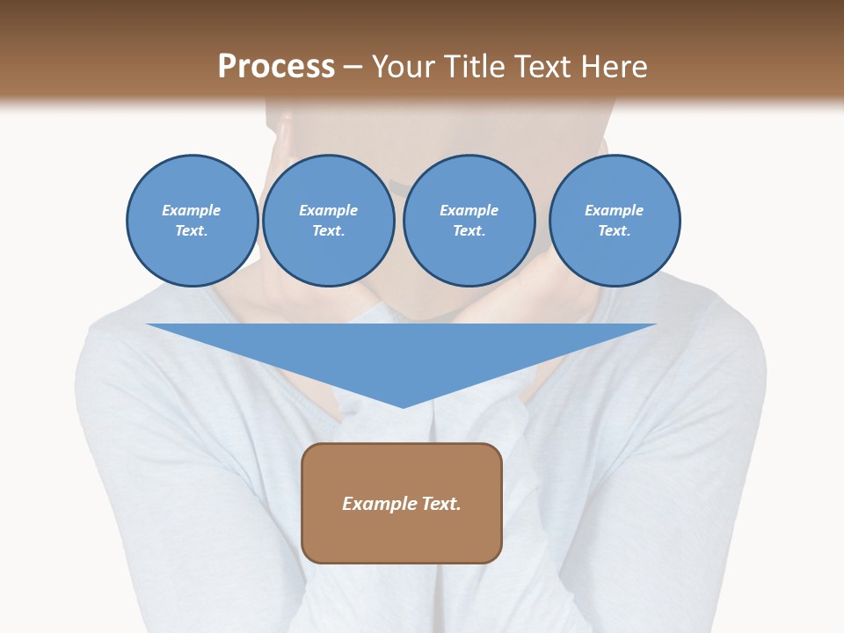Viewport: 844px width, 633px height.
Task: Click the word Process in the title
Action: (276, 67)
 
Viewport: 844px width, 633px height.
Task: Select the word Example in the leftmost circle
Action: (192, 210)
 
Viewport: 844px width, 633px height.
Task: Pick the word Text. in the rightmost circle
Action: (615, 230)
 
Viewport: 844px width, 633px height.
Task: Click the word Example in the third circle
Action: (469, 210)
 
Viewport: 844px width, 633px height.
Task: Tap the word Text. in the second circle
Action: (329, 230)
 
